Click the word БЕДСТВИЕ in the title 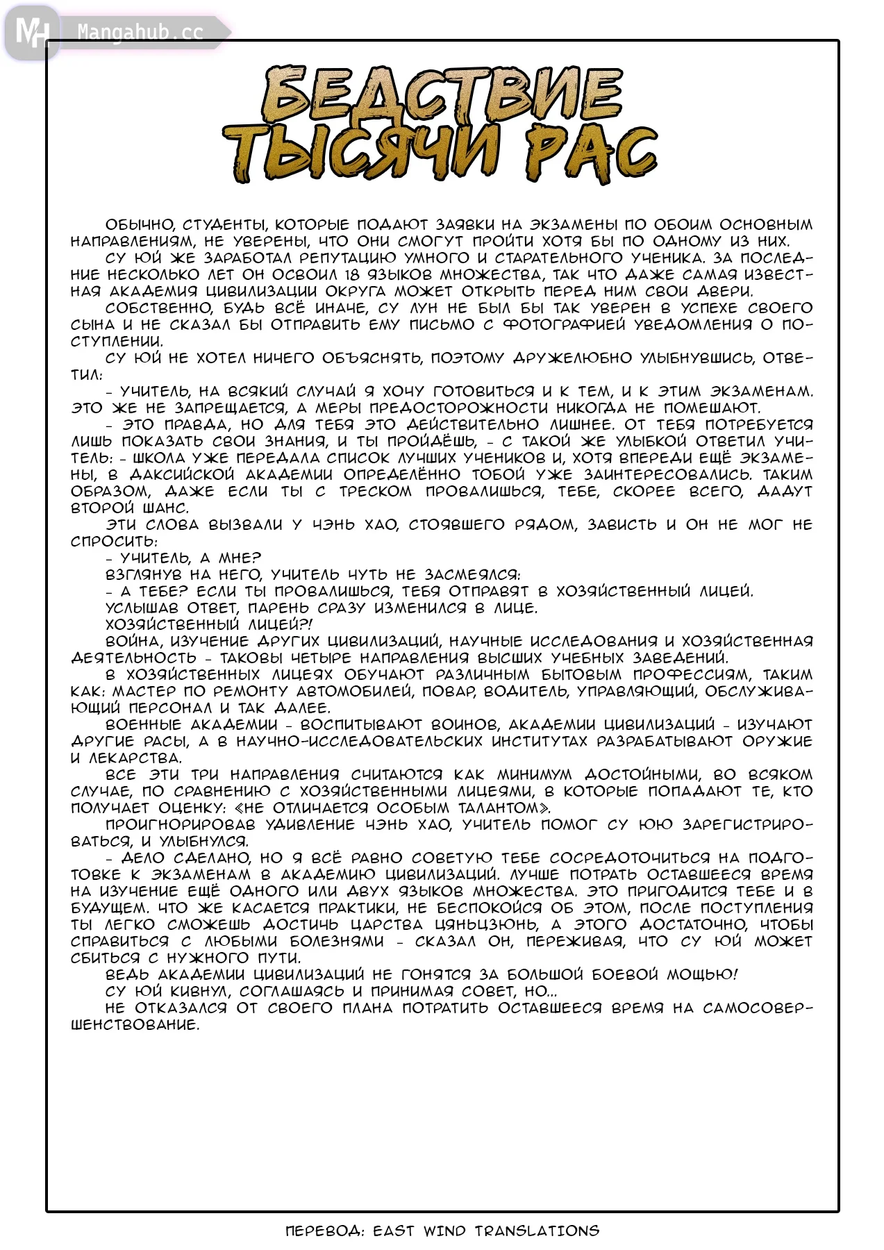tap(442, 94)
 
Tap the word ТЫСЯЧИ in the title tap(361, 153)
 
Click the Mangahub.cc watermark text tap(140, 33)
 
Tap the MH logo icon tap(31, 33)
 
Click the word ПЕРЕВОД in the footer tap(324, 1231)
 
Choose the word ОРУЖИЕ tap(777, 742)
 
